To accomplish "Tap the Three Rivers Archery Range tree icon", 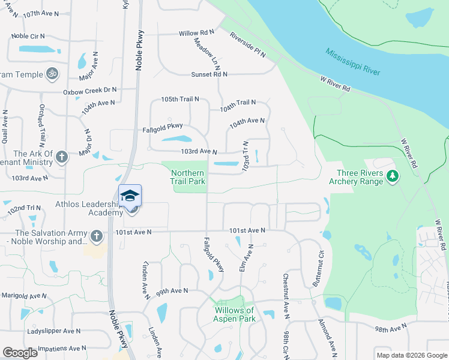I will (x=393, y=175).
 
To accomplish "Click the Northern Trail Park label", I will (x=188, y=176).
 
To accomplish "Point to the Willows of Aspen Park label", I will (x=234, y=314).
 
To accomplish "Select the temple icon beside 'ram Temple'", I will (x=52, y=74).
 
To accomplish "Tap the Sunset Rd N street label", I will (x=209, y=74).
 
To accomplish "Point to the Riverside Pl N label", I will (x=247, y=44).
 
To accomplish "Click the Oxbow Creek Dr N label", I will (x=90, y=91).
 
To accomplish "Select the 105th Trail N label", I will (x=179, y=99).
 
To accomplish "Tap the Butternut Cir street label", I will (x=316, y=268).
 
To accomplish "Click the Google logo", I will (x=20, y=353).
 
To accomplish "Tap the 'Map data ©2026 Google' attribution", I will (x=411, y=355).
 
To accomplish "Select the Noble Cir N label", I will (x=29, y=35).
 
